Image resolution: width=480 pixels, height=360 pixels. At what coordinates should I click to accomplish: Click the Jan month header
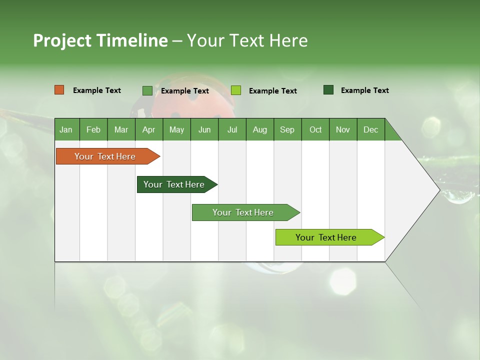point(66,129)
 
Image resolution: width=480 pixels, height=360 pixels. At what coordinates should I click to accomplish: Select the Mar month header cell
point(121,129)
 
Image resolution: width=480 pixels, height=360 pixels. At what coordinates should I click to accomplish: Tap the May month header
point(176,129)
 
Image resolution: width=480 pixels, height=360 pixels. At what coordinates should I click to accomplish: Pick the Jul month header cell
point(232,129)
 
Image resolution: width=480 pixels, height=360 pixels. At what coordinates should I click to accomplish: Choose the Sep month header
point(287,129)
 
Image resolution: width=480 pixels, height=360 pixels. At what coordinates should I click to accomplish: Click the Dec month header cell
point(370,129)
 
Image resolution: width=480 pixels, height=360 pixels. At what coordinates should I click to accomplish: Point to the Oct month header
point(315,129)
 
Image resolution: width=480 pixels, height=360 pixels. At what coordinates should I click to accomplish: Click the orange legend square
point(59,90)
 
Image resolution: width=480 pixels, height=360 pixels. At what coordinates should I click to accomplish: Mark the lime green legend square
point(236,90)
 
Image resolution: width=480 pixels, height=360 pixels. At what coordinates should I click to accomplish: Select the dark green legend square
point(328,90)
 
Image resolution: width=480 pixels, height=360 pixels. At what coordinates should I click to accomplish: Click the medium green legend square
point(147,90)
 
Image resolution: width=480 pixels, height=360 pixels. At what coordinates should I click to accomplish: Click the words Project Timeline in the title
point(100,40)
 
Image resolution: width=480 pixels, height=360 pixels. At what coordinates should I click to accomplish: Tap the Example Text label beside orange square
point(97,90)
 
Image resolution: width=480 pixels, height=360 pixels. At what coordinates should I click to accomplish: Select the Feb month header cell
point(93,129)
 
